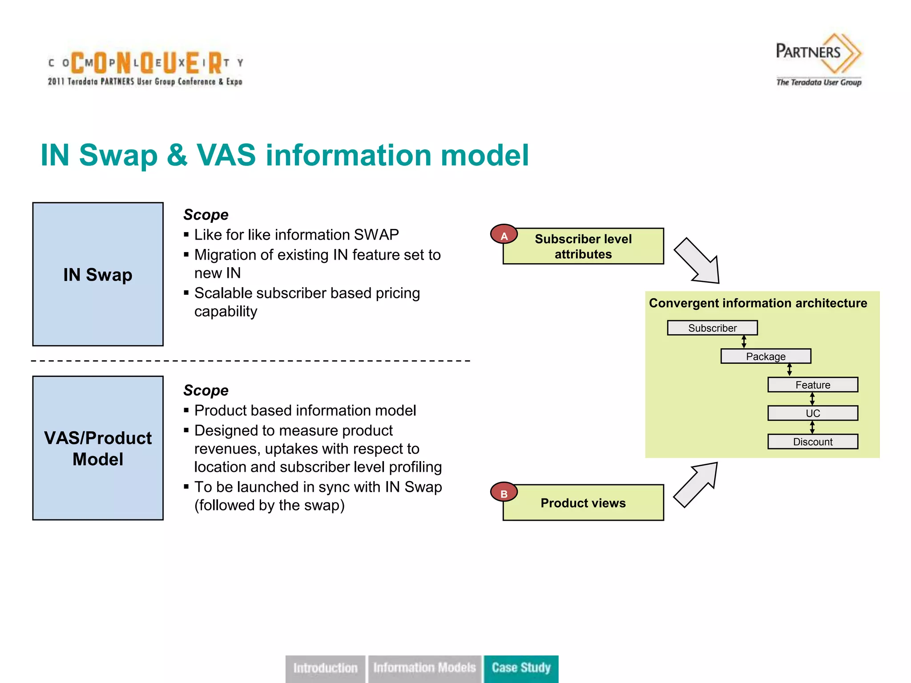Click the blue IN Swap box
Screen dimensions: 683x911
98,274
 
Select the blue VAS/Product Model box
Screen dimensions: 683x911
98,448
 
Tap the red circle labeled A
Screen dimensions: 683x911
504,235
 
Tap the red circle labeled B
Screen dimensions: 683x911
504,493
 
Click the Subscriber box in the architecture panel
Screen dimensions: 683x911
712,328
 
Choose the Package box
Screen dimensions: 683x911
766,356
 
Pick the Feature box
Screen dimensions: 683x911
812,385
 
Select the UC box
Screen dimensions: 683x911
812,413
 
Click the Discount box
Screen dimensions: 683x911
812,442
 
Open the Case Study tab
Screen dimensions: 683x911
521,668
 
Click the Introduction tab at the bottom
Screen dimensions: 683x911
325,668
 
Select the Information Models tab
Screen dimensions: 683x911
424,668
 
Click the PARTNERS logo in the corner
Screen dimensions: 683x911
818,59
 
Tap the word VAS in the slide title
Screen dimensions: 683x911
226,155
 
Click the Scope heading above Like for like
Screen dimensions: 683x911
206,214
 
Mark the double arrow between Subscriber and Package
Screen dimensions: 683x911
744,342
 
